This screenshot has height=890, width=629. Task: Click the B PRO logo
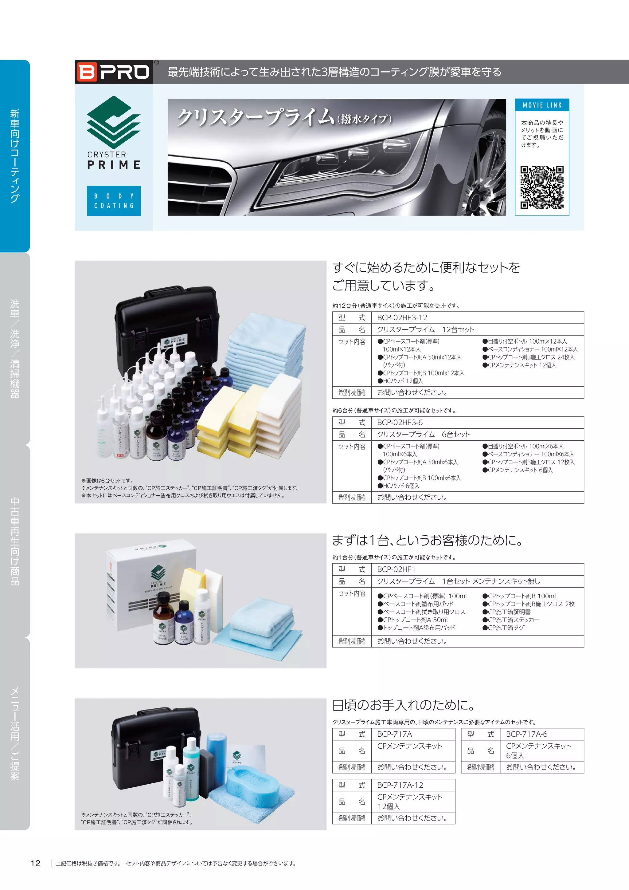coord(113,72)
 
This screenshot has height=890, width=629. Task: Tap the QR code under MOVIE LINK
coord(541,187)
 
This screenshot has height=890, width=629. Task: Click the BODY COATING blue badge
coord(113,201)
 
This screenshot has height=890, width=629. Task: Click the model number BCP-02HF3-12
coord(402,317)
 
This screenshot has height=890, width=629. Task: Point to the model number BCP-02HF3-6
coord(400,423)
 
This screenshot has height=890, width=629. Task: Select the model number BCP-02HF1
coord(396,569)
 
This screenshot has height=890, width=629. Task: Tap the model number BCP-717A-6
coord(526,734)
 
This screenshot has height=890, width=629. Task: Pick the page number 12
coord(35,863)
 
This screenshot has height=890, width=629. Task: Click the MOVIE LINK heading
coord(542,105)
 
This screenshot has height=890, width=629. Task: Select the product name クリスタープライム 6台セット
coord(423,435)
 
